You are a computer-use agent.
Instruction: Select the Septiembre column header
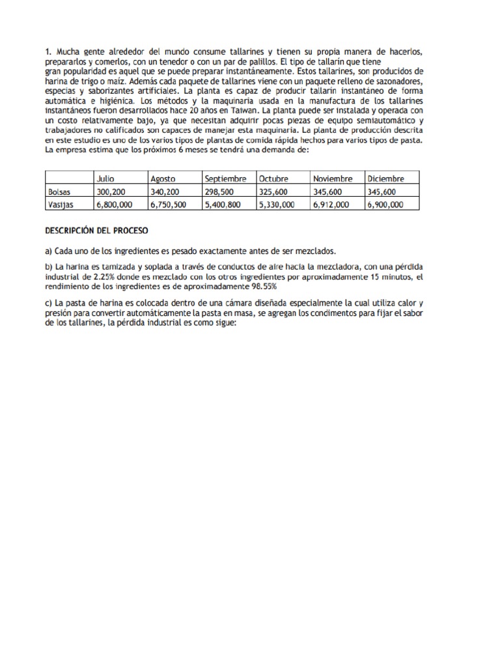pyautogui.click(x=225, y=178)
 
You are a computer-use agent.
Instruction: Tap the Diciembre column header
pyautogui.click(x=385, y=178)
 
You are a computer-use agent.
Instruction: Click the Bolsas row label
pyautogui.click(x=60, y=192)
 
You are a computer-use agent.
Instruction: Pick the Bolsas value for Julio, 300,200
pyautogui.click(x=111, y=192)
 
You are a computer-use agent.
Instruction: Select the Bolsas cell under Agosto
pyautogui.click(x=166, y=192)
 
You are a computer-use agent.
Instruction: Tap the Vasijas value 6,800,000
pyautogui.click(x=115, y=204)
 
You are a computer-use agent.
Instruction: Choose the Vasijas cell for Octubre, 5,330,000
pyautogui.click(x=277, y=204)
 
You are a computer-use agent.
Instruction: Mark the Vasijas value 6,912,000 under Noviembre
pyautogui.click(x=331, y=204)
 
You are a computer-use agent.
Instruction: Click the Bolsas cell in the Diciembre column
pyautogui.click(x=384, y=192)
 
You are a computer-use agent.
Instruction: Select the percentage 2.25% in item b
pyautogui.click(x=100, y=277)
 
